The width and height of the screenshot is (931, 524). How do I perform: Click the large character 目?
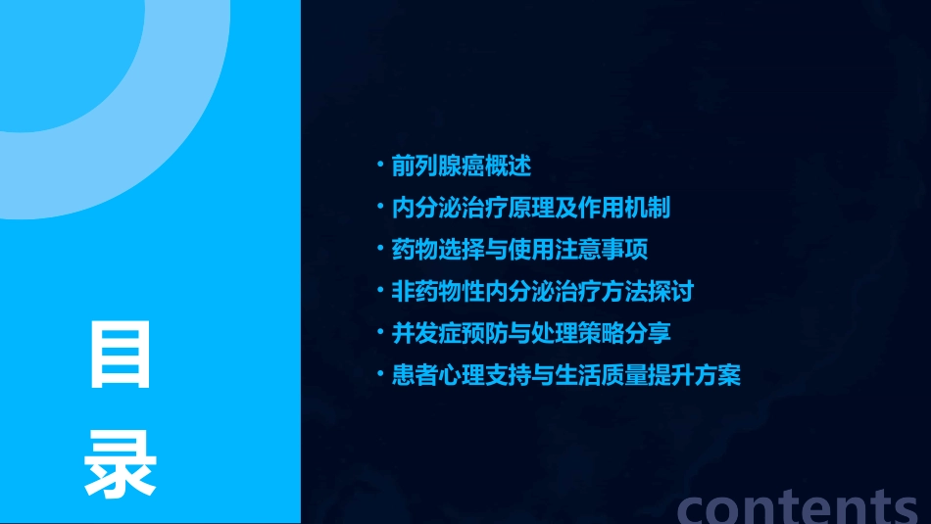click(x=121, y=354)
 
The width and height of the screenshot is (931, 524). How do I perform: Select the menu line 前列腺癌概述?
click(x=462, y=166)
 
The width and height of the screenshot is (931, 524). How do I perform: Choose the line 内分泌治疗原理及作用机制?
click(x=530, y=208)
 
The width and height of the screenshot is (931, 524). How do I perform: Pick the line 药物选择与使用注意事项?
click(x=519, y=250)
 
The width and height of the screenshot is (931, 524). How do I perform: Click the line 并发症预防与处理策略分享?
click(x=530, y=333)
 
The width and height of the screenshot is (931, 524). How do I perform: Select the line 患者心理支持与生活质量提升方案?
click(x=565, y=375)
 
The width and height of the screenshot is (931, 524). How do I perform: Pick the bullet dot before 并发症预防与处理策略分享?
click(x=381, y=332)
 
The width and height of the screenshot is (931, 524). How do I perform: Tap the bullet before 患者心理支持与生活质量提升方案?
click(x=381, y=374)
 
